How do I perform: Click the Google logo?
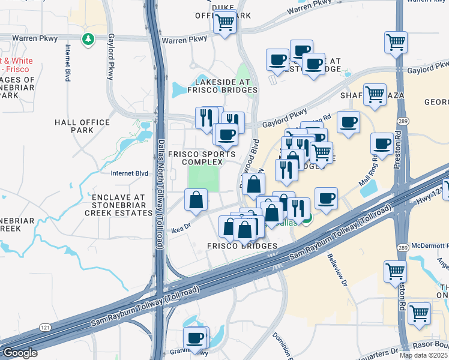(x=19, y=353)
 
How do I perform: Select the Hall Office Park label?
(x=82, y=126)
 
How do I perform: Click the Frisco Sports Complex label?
(x=201, y=158)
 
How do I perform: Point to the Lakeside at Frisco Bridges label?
(x=222, y=86)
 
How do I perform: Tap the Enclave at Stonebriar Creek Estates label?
(x=119, y=205)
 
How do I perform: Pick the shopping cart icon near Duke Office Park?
(x=225, y=23)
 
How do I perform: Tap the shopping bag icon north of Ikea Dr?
(x=196, y=200)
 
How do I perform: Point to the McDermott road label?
(x=430, y=245)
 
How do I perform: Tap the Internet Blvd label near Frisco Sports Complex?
(x=129, y=174)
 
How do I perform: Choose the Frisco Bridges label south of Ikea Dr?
(x=242, y=246)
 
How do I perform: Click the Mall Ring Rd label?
(x=368, y=170)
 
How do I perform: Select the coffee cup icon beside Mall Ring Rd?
(x=382, y=144)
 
